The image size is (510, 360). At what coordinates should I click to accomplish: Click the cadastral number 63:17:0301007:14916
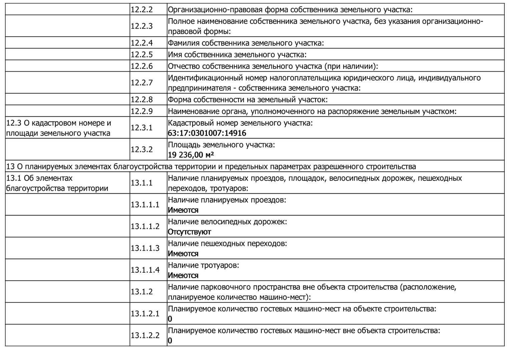click(x=207, y=133)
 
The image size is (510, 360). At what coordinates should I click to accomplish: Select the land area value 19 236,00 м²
click(x=191, y=155)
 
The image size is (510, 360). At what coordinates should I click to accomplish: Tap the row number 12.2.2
click(x=141, y=10)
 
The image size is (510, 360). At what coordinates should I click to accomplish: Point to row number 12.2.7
click(x=141, y=83)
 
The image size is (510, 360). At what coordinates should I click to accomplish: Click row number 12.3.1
click(x=141, y=128)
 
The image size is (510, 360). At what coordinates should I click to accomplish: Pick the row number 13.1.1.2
click(x=145, y=226)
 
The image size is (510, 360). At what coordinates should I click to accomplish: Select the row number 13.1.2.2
click(x=145, y=335)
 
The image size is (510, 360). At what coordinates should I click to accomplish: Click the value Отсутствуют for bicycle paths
click(x=189, y=232)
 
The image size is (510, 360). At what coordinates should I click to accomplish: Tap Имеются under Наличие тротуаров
click(x=183, y=275)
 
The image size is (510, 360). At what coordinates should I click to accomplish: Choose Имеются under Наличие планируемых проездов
click(x=183, y=210)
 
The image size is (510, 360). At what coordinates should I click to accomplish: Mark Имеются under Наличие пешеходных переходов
click(x=183, y=254)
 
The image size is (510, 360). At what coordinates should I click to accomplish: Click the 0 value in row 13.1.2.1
click(x=170, y=319)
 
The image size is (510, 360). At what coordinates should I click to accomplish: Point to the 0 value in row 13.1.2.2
click(x=170, y=341)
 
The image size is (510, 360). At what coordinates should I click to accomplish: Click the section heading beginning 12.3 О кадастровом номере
click(x=59, y=128)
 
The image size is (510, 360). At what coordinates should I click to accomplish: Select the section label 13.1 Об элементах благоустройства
click(x=57, y=183)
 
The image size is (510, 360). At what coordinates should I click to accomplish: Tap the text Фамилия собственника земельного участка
click(x=246, y=43)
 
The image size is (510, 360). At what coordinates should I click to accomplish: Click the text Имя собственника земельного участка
click(x=237, y=55)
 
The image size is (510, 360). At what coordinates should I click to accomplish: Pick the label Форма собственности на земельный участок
click(x=247, y=100)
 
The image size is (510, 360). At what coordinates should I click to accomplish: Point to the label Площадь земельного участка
click(x=221, y=145)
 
